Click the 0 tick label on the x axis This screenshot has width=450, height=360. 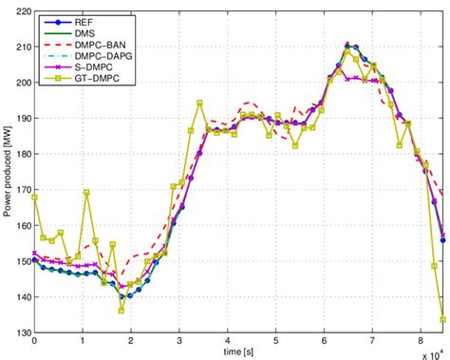tap(34, 341)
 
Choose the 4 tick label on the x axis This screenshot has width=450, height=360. tap(228, 341)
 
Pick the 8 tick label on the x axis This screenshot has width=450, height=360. tap(422, 341)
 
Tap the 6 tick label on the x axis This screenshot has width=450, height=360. tap(325, 341)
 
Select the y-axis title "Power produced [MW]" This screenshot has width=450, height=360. tap(8, 172)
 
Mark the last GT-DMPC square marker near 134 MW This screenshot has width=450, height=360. tap(443, 319)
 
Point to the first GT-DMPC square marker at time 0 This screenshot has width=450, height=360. tap(35, 198)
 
